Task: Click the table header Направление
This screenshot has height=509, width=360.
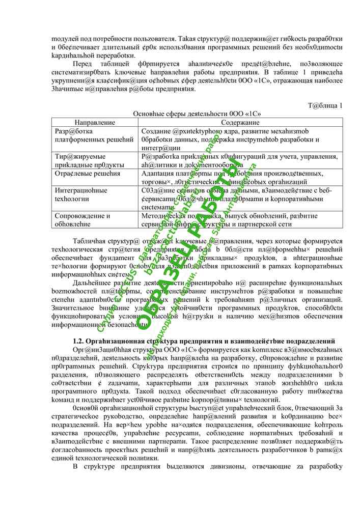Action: coord(95,123)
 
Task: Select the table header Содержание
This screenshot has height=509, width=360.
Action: coord(240,123)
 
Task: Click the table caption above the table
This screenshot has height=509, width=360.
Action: coord(197,114)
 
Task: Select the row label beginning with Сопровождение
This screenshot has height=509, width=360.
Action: coord(82,219)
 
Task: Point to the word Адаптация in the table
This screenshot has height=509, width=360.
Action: coord(159,174)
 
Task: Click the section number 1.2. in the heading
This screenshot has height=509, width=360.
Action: coord(79,340)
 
